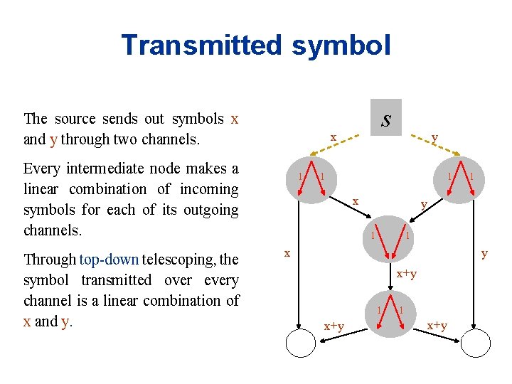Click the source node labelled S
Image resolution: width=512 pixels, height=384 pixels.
click(385, 118)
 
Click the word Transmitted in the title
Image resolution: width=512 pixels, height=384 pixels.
click(201, 45)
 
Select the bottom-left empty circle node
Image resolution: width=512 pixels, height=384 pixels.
click(304, 344)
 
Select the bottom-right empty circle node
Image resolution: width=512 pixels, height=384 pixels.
click(474, 344)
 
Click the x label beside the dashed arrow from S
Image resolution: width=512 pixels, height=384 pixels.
click(332, 137)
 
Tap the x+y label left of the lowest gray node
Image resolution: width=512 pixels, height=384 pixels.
click(334, 326)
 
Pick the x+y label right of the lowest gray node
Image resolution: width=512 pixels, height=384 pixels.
click(437, 326)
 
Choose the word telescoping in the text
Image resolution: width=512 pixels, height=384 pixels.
click(175, 260)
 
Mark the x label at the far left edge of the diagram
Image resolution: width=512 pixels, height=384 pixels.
click(287, 253)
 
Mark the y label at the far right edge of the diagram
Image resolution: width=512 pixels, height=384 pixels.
click(484, 253)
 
